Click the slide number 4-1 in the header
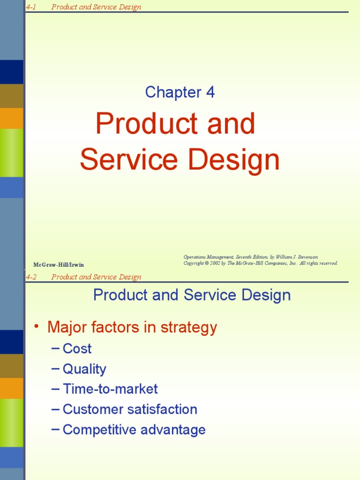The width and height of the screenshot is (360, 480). tap(31, 7)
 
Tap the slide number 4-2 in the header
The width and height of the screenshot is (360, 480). tap(31, 277)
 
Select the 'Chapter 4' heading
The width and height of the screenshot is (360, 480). tap(180, 92)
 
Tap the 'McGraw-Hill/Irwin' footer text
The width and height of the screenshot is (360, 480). tap(59, 265)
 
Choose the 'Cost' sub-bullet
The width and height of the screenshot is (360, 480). tap(77, 349)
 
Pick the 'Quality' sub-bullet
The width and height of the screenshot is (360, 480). tap(84, 369)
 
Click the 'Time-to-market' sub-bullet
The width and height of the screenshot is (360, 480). tap(110, 389)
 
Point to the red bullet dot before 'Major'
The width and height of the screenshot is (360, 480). tap(37, 327)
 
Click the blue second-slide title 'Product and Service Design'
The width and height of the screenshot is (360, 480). tap(192, 295)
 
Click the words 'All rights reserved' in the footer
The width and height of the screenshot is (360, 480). tap(318, 263)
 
